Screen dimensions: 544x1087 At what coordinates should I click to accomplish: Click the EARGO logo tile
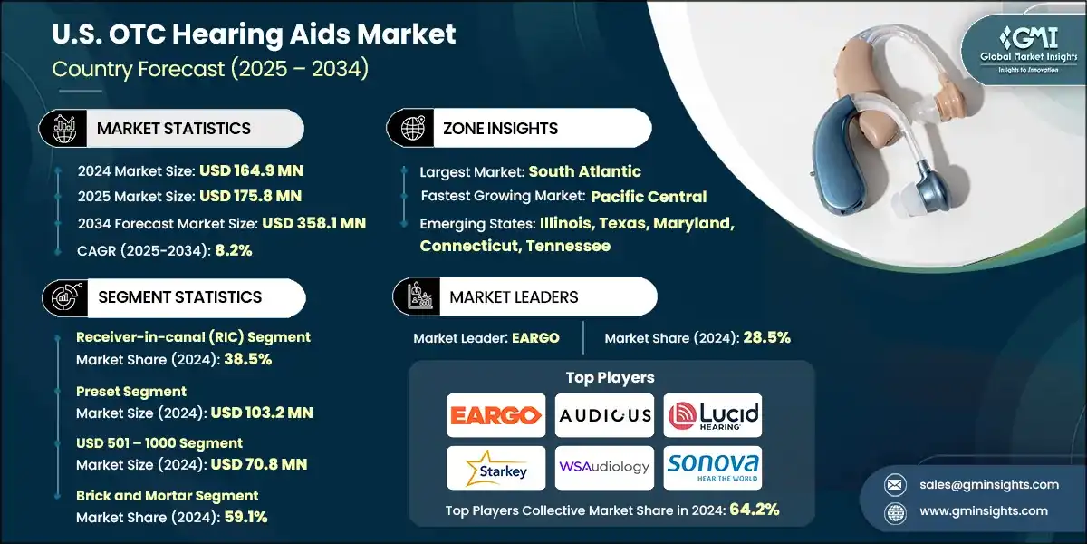point(496,415)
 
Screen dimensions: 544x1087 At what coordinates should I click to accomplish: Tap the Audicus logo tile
point(604,415)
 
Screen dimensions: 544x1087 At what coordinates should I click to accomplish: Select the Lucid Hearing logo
point(713,415)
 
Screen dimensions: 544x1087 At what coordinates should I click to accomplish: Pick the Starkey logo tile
point(496,467)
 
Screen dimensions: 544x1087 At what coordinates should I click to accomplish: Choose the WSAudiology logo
point(604,467)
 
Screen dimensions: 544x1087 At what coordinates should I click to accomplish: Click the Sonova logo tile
point(713,467)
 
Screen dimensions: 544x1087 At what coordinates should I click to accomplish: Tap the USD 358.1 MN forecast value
point(313,223)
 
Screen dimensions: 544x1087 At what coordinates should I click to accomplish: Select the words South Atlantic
point(584,171)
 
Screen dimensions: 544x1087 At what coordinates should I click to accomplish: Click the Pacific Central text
point(649,197)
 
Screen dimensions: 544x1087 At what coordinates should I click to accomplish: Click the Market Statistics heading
point(174,128)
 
